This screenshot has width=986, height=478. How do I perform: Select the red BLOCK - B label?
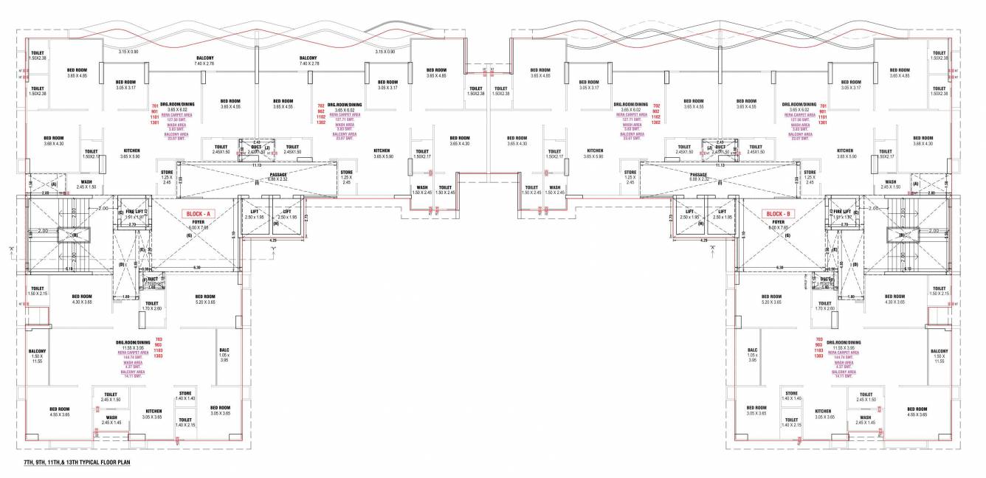point(779,213)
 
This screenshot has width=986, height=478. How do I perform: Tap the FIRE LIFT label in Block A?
point(134,212)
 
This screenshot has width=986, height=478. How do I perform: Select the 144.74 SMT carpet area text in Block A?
point(134,356)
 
